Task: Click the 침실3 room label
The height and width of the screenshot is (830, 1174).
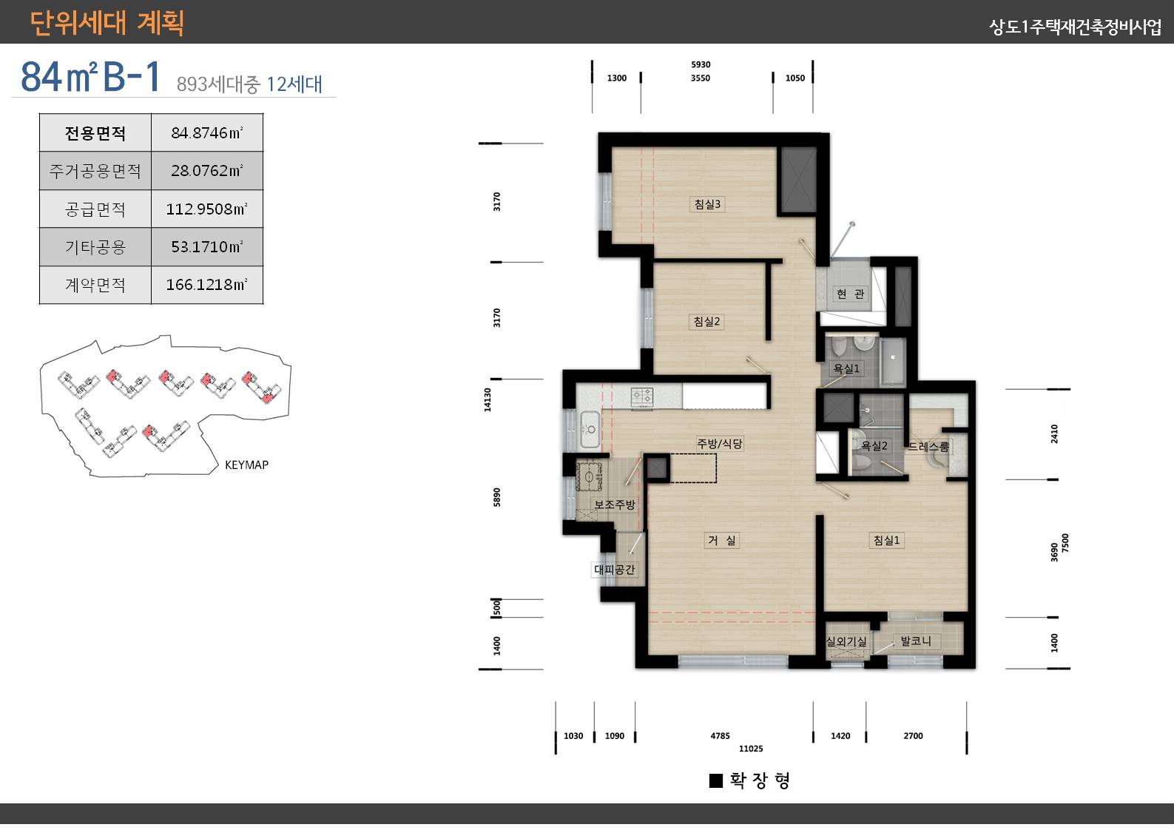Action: point(707,204)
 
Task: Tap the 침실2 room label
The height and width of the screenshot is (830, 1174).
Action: point(706,321)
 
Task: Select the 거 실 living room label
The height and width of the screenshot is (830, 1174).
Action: point(722,540)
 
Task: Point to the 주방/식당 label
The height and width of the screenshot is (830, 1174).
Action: point(720,444)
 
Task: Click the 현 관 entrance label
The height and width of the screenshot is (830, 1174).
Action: point(850,294)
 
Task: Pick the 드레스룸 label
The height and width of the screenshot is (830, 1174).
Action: point(928,447)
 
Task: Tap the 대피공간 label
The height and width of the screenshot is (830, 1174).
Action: point(614,569)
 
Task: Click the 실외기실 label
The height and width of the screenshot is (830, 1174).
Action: point(846,641)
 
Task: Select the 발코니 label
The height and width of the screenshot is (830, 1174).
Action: point(916,641)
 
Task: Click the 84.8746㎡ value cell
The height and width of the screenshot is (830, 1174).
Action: point(207,132)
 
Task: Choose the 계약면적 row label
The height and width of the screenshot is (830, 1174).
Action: point(95,285)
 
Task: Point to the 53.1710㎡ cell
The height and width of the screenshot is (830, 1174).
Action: point(207,247)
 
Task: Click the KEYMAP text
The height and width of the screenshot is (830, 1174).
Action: point(246,465)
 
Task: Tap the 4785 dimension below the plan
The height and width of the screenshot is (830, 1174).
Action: point(720,735)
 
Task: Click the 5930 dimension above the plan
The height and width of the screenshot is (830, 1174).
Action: point(701,64)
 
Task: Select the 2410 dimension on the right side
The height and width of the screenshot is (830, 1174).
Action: point(1054,433)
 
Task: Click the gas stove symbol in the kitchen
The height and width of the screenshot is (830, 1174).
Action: point(642,397)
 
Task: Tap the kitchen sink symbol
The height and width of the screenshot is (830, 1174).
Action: point(590,430)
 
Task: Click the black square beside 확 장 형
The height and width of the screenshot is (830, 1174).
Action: point(716,780)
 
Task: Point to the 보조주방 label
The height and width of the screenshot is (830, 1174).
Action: point(614,504)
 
